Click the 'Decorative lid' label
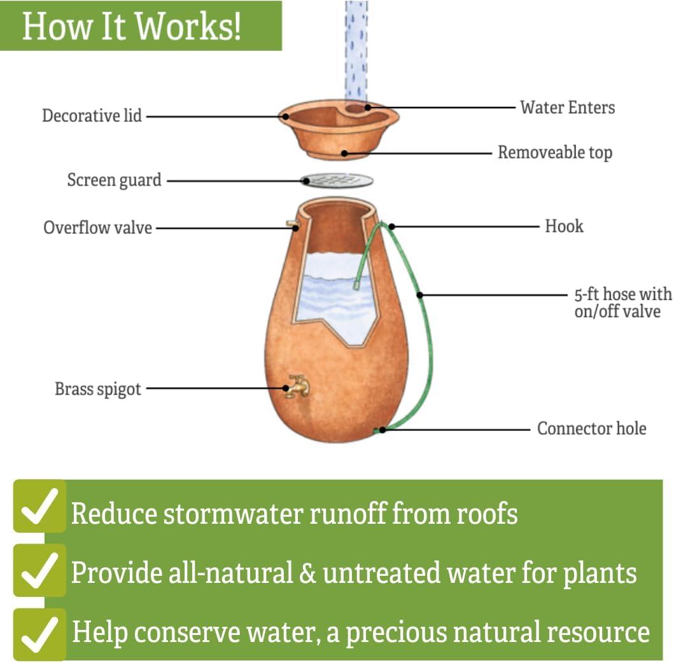click(92, 116)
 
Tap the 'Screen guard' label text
click(114, 181)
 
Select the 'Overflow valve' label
click(97, 228)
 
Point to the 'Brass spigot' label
click(97, 389)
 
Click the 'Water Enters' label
click(567, 107)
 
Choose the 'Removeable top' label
click(554, 153)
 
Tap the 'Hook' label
click(563, 226)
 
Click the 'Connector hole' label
click(591, 428)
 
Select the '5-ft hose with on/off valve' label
click(622, 303)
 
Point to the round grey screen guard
click(337, 181)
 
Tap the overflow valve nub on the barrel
click(291, 224)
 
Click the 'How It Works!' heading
click(131, 26)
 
